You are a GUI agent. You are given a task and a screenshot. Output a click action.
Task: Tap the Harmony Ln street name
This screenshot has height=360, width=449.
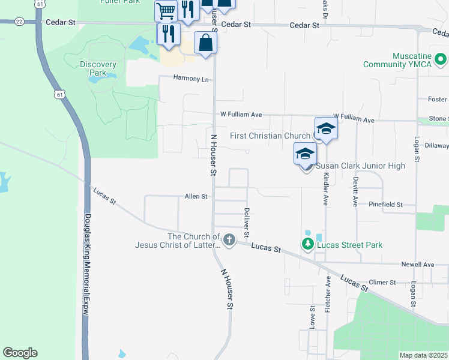191,79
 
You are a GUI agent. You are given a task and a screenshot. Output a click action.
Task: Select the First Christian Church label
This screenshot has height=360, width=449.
270,136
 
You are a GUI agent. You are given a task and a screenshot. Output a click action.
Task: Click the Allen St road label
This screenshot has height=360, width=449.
196,196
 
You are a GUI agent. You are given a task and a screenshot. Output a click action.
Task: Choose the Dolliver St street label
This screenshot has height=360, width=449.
247,222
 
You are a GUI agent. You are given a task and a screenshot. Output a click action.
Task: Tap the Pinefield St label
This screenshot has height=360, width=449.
386,205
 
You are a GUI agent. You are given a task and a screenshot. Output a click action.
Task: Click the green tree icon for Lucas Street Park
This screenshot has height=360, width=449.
307,244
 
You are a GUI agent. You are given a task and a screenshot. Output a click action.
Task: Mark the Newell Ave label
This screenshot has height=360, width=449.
418,264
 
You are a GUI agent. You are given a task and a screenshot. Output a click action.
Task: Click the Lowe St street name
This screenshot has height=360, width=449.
313,316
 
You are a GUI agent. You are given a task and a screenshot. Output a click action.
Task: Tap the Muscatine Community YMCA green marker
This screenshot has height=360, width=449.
440,59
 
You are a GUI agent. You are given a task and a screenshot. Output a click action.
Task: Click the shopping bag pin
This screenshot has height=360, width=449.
205,43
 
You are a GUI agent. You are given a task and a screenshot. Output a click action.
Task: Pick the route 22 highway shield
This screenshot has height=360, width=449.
20,21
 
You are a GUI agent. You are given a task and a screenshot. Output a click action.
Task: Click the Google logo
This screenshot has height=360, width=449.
20,353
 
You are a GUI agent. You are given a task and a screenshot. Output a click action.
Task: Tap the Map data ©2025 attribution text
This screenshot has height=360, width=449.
423,355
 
